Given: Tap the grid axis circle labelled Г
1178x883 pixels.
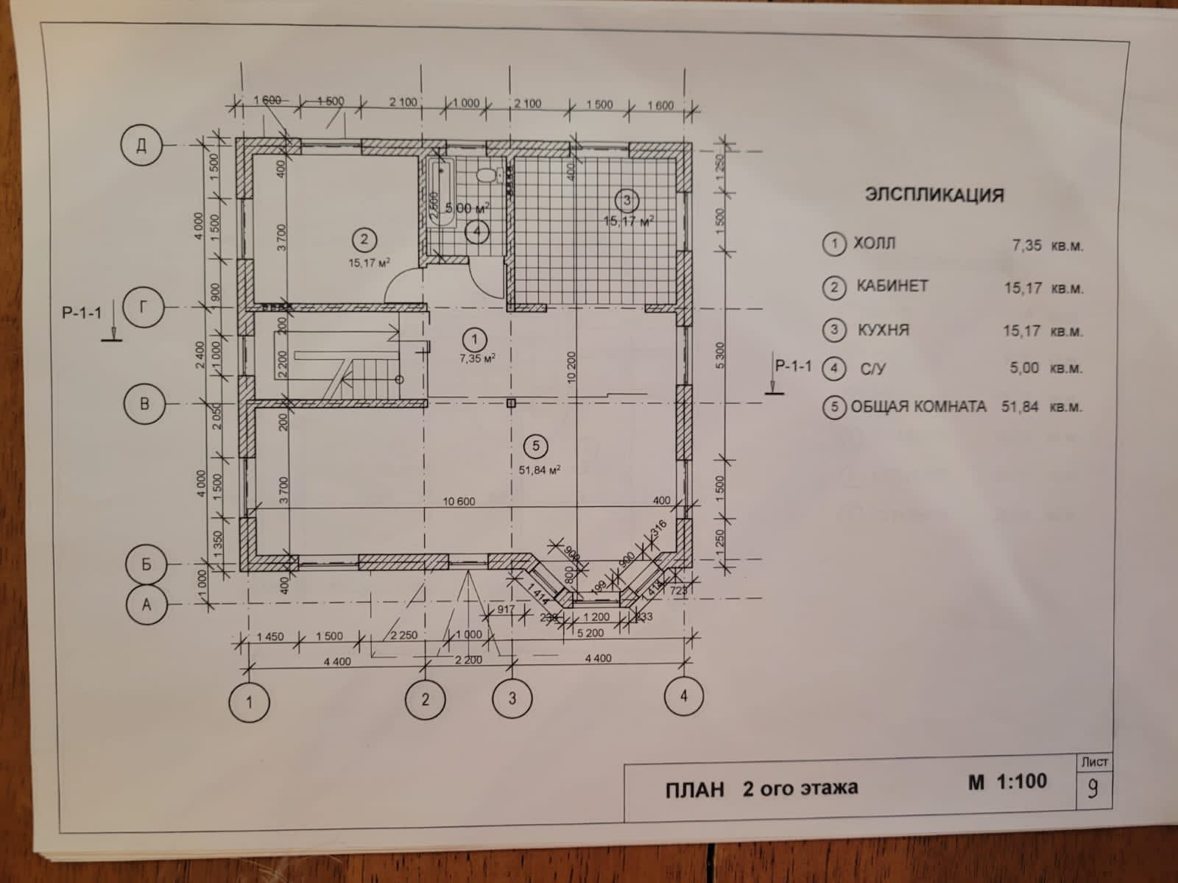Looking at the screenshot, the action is pos(144,307).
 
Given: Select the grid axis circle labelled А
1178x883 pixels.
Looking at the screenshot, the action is pos(147,604).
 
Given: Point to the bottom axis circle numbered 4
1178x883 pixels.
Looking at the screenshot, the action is pos(683,695).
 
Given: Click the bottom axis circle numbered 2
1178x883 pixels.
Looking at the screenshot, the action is pos(425,699).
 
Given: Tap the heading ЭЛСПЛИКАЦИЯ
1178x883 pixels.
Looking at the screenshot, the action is pos(934,195).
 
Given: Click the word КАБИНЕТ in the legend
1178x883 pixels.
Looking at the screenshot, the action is pos(892,286).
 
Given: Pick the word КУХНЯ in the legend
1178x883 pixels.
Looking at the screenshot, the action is pos(883,330).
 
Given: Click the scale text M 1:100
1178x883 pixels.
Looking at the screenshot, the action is pos(1007,782).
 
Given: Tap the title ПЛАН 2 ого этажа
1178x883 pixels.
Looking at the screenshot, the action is pos(761,788).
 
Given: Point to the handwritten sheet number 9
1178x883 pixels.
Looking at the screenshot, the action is pos(1093,788).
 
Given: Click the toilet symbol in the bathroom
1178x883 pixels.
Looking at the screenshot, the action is pos(485,175).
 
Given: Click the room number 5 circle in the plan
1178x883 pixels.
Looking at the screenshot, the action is pos(536,445).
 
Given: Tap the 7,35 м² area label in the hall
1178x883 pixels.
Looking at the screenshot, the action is pos(477,358).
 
